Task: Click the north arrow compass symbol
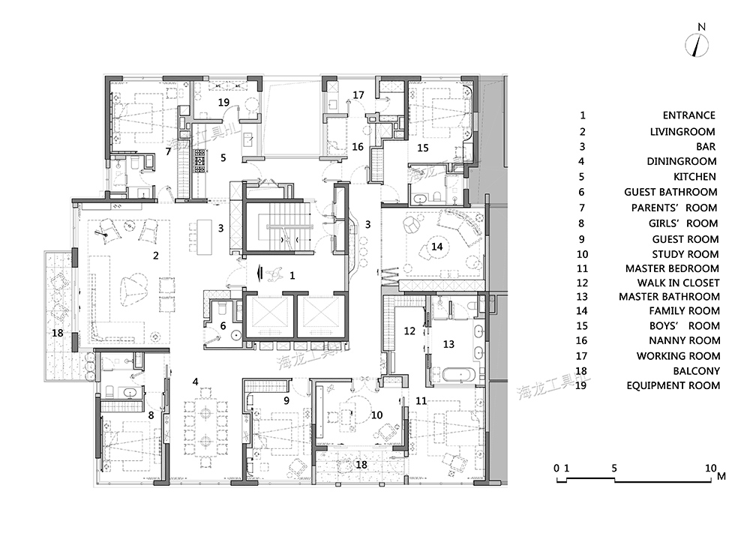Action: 697,46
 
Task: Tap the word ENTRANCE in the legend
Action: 688,115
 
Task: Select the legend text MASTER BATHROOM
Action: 669,297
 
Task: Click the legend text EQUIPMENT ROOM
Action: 673,385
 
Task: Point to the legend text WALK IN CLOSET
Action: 678,283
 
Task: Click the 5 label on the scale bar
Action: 614,468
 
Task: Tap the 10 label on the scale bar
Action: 711,468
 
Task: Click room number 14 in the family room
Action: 436,247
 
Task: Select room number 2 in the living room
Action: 155,256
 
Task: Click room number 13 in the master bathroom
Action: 448,344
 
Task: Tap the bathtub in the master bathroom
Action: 458,374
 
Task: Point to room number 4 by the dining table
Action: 195,382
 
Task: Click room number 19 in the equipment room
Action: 223,102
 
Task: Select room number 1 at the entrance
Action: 292,276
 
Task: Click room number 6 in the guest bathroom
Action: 223,326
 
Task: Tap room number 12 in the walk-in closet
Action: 409,331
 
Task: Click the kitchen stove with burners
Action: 199,160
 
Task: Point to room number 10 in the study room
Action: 377,415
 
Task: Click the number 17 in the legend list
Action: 581,356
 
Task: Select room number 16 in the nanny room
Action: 358,147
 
